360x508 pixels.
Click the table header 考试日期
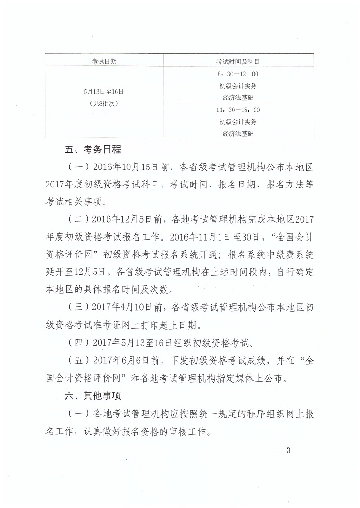click(104, 61)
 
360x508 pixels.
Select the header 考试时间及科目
click(238, 61)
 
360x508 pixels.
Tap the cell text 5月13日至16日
click(104, 91)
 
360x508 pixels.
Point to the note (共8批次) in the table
click(104, 103)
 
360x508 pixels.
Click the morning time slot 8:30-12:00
click(238, 74)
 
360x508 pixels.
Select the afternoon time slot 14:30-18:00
click(238, 110)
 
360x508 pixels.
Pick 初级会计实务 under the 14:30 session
click(238, 121)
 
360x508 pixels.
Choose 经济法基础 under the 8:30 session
click(238, 97)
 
